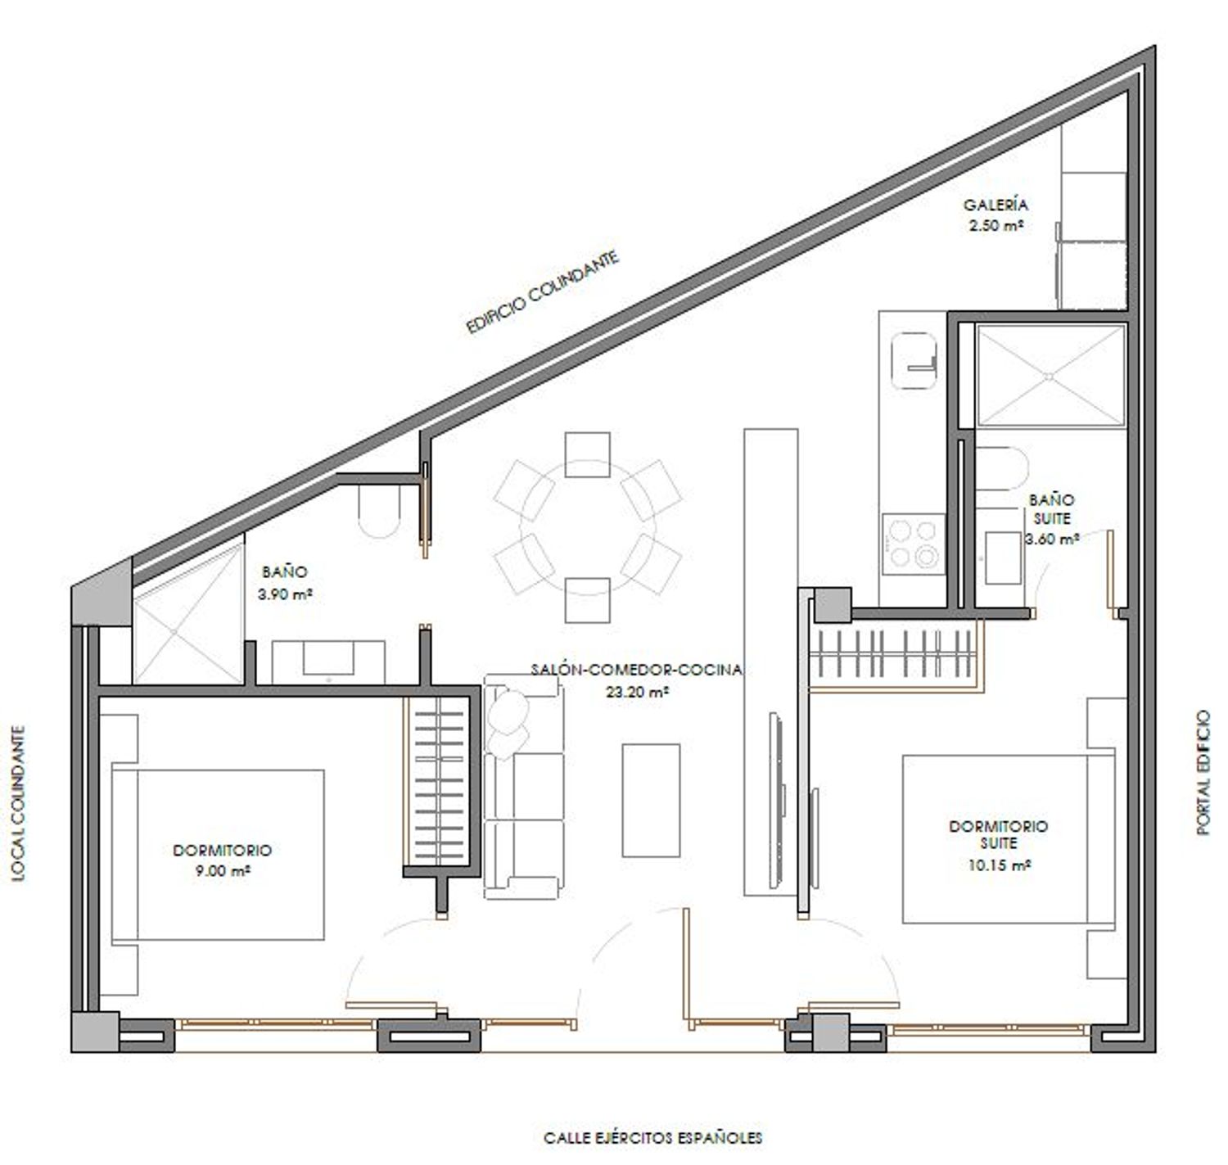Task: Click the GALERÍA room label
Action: click(995, 205)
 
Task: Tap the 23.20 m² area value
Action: click(637, 692)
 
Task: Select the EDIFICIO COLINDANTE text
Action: click(544, 292)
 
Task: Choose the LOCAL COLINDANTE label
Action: click(20, 802)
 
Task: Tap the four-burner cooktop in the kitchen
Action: click(913, 543)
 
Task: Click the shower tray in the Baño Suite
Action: click(1050, 376)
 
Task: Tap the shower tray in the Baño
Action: click(188, 613)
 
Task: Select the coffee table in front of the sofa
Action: click(651, 800)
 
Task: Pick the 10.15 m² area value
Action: click(997, 865)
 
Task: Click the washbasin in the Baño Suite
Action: click(1003, 558)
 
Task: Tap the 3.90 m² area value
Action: click(285, 594)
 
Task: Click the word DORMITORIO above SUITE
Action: click(998, 826)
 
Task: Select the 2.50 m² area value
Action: click(995, 225)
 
